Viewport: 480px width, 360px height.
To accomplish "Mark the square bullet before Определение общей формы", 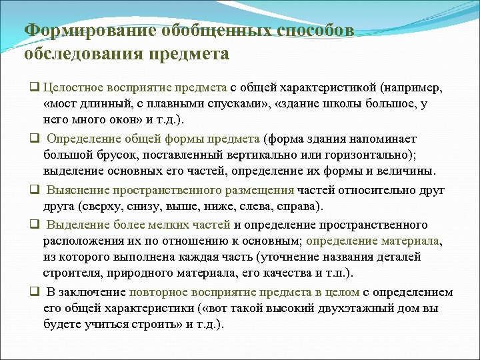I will (32, 139).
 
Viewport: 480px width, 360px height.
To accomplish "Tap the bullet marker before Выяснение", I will (32, 191).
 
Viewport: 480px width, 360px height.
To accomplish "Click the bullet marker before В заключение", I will (32, 293).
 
